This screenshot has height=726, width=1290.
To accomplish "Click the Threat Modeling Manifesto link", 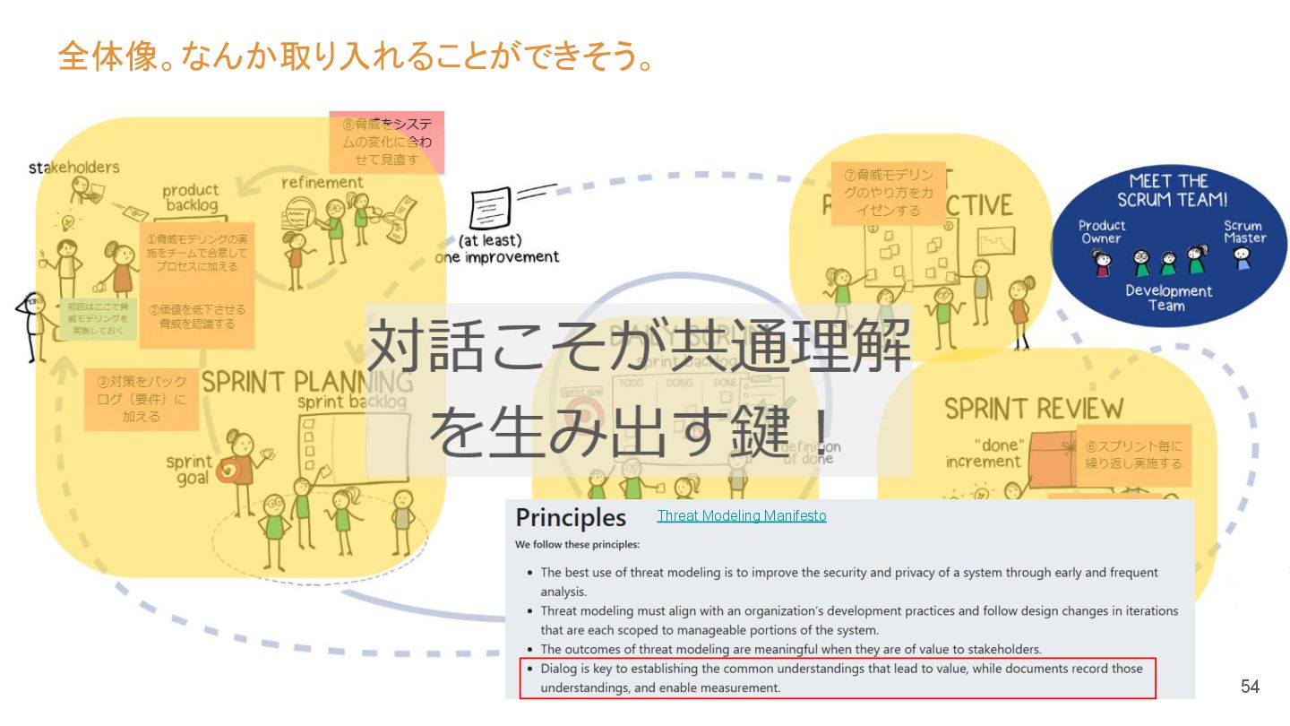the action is coord(741,516).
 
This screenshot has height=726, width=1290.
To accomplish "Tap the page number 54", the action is coord(1250,687).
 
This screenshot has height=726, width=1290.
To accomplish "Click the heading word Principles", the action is coord(571,518).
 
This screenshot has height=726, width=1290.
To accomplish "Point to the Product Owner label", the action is coord(1101,232).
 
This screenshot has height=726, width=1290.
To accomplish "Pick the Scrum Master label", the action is coord(1244,232).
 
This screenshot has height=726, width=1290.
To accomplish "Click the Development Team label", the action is coord(1168,298).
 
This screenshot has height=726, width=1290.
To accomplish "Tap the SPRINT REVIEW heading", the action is coord(1033,409).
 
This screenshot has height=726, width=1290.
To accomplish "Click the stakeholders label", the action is coord(74,168).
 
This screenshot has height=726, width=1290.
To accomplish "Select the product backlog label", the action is coord(191,197).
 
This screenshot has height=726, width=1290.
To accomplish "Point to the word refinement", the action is coord(322,182).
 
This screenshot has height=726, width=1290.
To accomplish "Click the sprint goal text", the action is coord(188,471).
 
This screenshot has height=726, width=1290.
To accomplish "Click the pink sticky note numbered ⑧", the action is coord(386,142).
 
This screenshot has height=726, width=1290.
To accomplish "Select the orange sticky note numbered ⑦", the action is coord(882,193).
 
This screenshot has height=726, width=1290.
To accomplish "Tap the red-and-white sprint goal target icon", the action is coord(228,470).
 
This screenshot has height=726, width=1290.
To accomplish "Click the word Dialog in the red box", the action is coord(558,669).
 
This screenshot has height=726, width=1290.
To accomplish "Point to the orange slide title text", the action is coord(354,56).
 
